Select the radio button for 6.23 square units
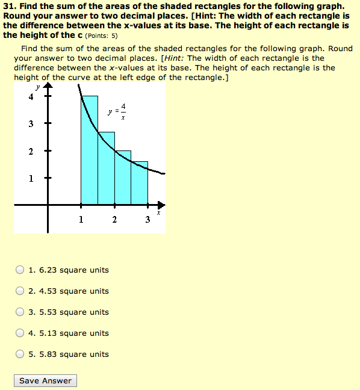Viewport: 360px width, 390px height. pyautogui.click(x=20, y=270)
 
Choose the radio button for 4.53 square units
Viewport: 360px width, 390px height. pyautogui.click(x=20, y=291)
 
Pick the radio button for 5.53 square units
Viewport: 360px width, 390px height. pyautogui.click(x=20, y=312)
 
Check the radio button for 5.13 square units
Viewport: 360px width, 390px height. pyautogui.click(x=20, y=333)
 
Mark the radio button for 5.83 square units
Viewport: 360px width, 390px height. pyautogui.click(x=20, y=354)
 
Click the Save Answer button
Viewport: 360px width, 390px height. pyautogui.click(x=45, y=380)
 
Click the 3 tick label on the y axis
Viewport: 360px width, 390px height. pyautogui.click(x=31, y=124)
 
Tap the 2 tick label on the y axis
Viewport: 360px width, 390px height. pyautogui.click(x=31, y=151)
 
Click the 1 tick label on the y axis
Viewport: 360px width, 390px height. pyautogui.click(x=31, y=179)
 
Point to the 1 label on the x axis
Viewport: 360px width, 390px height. pyautogui.click(x=81, y=220)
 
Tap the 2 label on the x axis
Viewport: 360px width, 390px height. pyautogui.click(x=114, y=220)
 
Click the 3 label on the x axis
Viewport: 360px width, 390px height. pyautogui.click(x=147, y=220)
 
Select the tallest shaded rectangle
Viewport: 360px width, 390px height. pyautogui.click(x=89, y=150)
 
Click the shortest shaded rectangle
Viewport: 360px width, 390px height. pyautogui.click(x=140, y=183)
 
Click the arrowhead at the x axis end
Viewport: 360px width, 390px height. pyautogui.click(x=161, y=205)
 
